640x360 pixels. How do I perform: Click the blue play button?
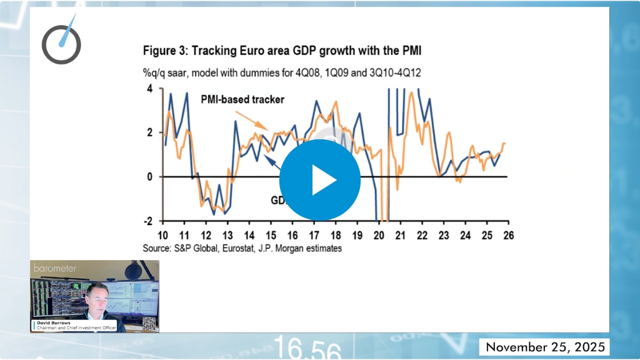319,180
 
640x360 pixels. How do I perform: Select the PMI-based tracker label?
242,99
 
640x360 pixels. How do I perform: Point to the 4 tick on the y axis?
149,89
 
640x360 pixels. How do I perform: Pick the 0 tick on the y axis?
149,177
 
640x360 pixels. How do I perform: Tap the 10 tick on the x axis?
162,236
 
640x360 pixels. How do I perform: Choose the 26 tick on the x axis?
508,236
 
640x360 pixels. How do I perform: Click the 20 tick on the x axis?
379,236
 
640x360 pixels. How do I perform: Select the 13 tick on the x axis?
227,236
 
